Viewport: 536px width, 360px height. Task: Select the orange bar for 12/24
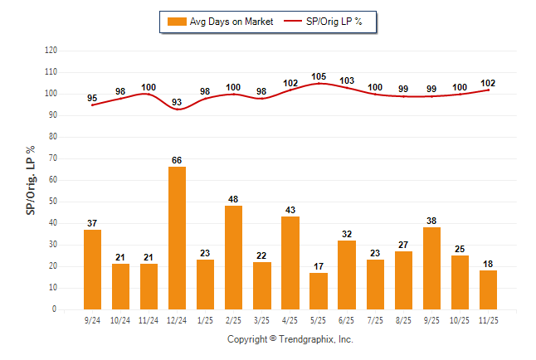pos(177,238)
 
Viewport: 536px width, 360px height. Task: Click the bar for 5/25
pos(318,291)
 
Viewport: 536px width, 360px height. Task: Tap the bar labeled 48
pos(233,257)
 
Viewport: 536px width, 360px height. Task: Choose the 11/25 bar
pos(487,289)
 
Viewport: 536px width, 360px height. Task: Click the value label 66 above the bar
pos(177,160)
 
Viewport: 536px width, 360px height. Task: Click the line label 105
pos(319,76)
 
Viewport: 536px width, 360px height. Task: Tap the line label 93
pos(177,102)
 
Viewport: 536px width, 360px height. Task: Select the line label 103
pos(347,80)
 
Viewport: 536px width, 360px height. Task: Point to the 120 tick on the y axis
pos(51,51)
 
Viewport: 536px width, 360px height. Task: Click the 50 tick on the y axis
pos(53,202)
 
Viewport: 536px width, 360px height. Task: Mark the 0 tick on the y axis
pos(55,309)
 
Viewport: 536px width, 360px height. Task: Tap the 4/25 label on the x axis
pos(290,319)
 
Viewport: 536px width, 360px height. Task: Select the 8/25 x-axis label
pos(402,319)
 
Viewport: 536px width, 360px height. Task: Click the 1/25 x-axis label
pos(205,319)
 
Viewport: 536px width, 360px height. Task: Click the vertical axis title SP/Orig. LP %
pos(31,180)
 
